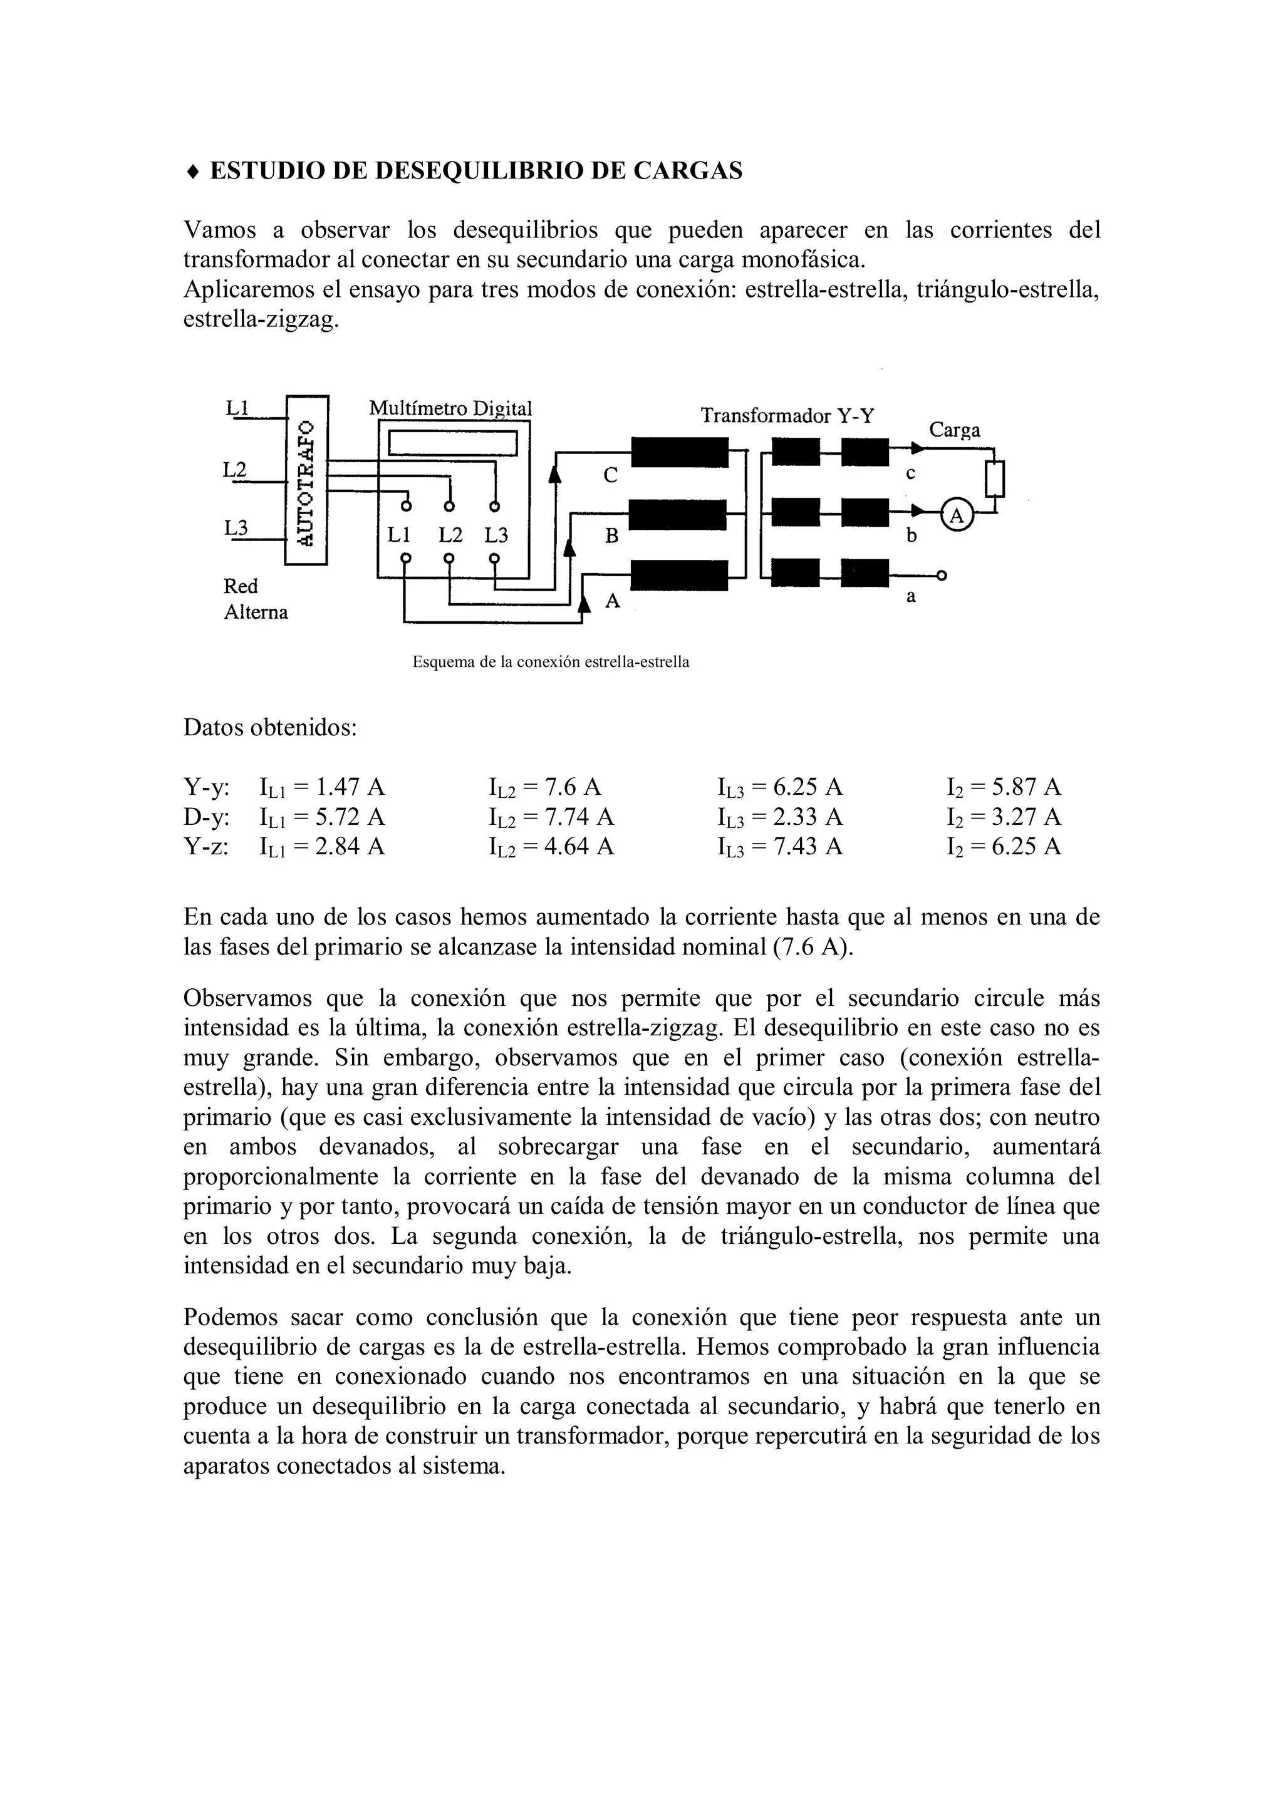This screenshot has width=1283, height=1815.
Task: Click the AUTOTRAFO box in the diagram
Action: point(306,480)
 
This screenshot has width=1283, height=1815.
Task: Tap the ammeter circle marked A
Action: point(957,515)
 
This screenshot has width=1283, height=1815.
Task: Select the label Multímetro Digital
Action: point(450,409)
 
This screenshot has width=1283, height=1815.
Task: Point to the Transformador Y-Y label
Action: point(787,416)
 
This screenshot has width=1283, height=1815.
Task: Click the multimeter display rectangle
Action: point(452,443)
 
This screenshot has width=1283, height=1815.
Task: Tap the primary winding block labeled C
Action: point(679,453)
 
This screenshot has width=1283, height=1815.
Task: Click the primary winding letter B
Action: point(611,537)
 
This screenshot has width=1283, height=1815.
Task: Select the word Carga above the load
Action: point(954,430)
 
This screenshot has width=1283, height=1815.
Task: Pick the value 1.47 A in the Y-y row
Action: point(350,787)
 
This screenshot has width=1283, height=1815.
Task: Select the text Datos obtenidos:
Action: point(271,727)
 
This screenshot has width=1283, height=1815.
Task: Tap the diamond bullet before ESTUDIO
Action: point(192,171)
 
